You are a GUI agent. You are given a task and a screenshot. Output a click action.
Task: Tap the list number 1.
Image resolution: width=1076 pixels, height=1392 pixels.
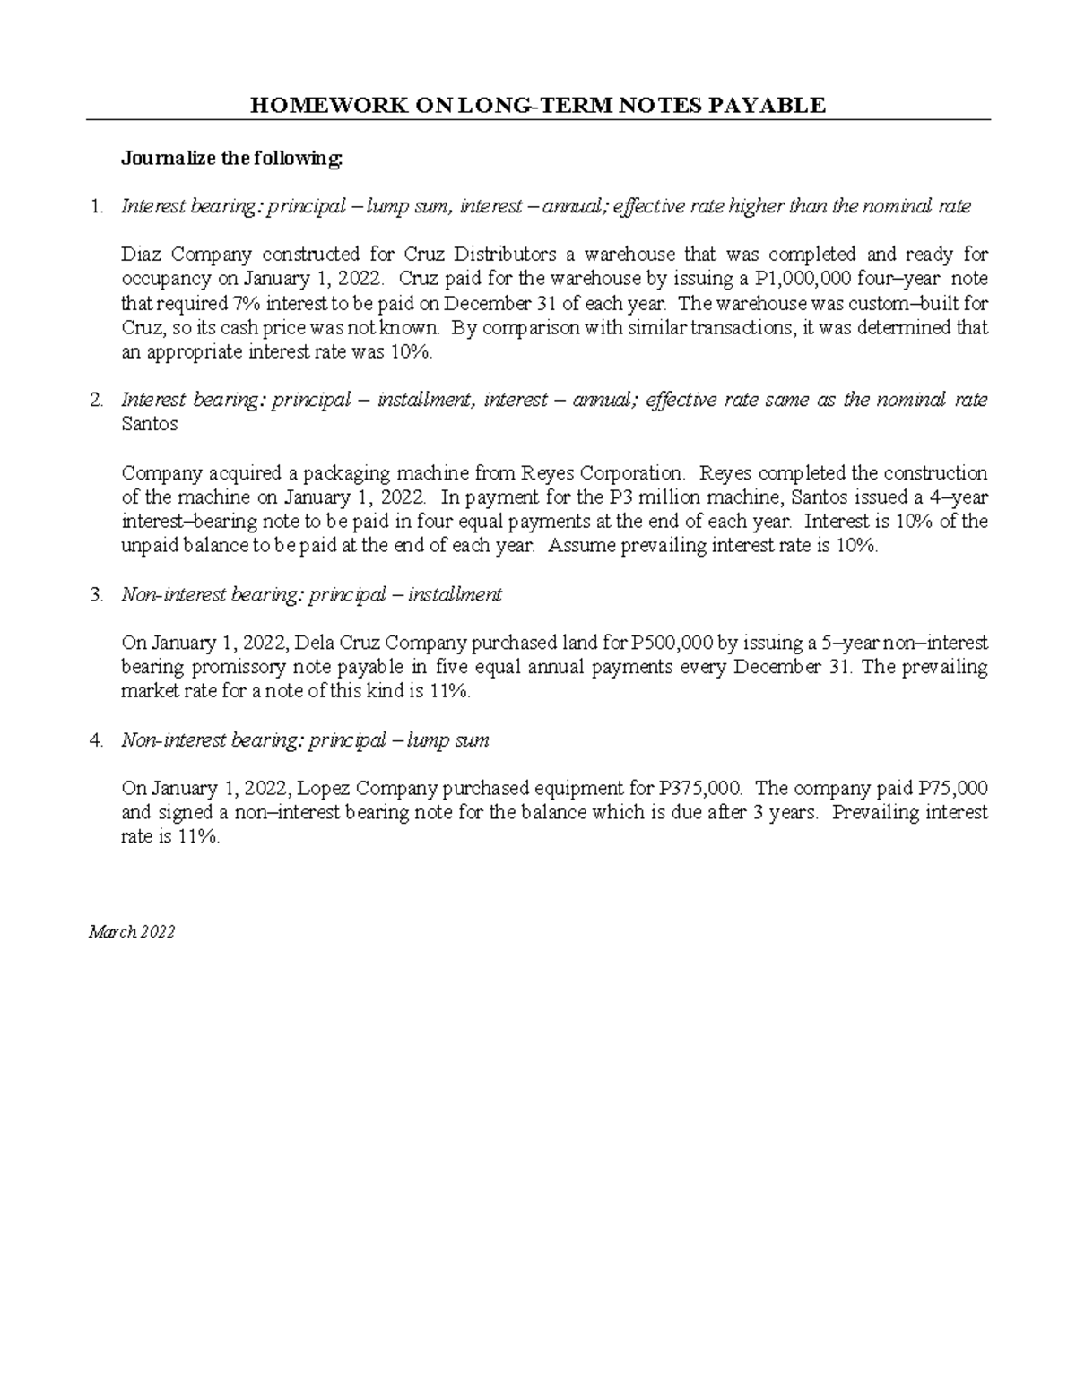click(x=97, y=207)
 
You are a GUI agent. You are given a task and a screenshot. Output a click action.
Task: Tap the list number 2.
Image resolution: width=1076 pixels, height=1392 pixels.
click(x=97, y=401)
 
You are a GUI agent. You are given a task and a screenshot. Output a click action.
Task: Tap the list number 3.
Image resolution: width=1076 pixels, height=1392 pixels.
click(x=97, y=594)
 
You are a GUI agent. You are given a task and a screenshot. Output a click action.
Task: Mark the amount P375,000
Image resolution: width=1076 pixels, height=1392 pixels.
click(x=699, y=789)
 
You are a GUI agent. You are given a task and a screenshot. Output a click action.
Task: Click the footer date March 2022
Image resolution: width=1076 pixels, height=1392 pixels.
click(x=131, y=932)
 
